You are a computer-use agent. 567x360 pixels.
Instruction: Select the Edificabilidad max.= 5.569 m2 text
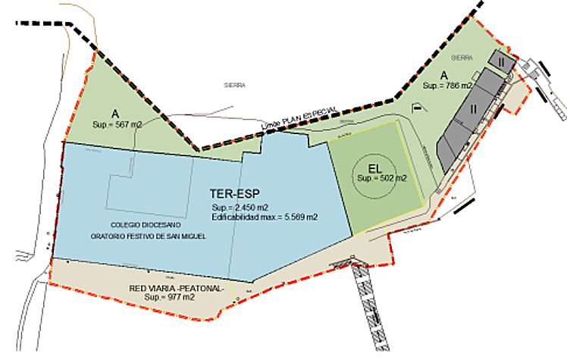[x=265, y=217]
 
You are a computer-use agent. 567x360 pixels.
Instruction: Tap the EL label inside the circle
[x=377, y=167]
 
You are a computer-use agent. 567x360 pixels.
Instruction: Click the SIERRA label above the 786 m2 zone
[x=461, y=57]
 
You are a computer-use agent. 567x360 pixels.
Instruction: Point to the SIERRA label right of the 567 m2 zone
[x=235, y=86]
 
